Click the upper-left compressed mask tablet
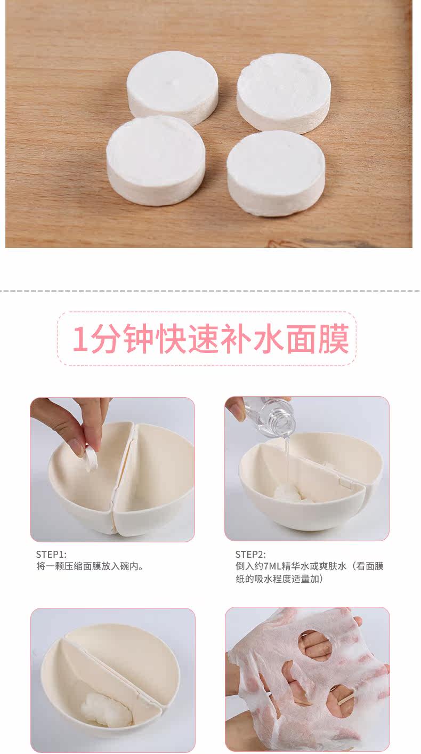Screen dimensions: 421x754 pos(172,87)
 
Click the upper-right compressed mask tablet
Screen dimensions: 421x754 pos(284,93)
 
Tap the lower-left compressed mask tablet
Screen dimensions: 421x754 pos(156,160)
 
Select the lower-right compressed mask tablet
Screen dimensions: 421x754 pos(276,173)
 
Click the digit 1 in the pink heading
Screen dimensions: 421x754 pos(80,339)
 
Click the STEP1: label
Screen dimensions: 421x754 pos(51,555)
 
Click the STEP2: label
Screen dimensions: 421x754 pos(250,555)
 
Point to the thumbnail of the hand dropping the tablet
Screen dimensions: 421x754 pos(112,470)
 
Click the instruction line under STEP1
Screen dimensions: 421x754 pos(90,566)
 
